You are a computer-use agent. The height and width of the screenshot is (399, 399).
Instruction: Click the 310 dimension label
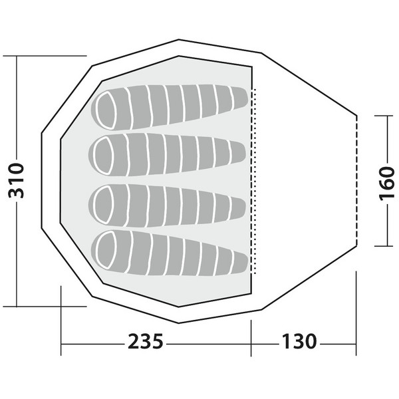pos(16,181)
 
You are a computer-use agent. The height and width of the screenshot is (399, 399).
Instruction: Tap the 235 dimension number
pos(145,342)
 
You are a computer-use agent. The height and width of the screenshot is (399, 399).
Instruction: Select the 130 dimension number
pos(299,342)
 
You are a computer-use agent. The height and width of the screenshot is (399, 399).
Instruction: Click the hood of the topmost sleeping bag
pos(106,110)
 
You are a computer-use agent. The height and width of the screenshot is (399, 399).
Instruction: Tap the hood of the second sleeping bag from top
pos(104,156)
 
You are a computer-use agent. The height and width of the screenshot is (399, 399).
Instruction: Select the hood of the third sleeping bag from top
pos(104,204)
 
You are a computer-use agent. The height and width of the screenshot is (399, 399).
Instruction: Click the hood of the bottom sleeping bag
pos(106,251)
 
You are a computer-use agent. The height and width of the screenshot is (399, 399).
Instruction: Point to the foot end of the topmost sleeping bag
pos(241,98)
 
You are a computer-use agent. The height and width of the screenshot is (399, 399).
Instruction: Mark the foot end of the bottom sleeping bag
pos(241,263)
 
